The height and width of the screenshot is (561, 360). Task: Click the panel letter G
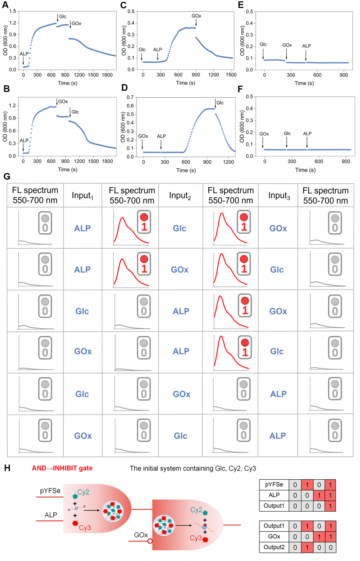click(x=7, y=176)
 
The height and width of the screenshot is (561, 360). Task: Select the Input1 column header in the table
click(x=82, y=195)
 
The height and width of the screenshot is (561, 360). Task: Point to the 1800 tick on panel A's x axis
click(x=107, y=75)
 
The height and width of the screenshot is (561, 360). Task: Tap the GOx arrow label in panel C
click(x=196, y=16)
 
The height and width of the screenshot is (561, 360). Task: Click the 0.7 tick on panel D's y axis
click(x=130, y=98)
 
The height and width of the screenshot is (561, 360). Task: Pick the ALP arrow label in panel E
click(x=306, y=46)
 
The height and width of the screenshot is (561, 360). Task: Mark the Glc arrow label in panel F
click(x=287, y=134)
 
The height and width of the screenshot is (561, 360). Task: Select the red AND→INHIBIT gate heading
click(x=62, y=468)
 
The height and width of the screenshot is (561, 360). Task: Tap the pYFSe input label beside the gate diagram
click(x=50, y=491)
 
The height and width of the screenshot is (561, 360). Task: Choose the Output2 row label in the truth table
click(x=274, y=547)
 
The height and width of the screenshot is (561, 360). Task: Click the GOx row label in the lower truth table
click(x=274, y=537)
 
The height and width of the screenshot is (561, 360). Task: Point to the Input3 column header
click(x=279, y=195)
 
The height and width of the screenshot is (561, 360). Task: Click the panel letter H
click(x=7, y=468)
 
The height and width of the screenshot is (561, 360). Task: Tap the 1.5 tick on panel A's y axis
click(x=13, y=11)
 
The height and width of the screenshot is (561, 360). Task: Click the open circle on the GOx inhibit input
click(x=150, y=541)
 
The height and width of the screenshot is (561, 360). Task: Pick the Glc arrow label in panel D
click(x=220, y=103)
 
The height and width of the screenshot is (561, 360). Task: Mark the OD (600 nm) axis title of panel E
click(x=242, y=40)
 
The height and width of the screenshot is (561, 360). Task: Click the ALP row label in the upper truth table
click(x=274, y=495)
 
